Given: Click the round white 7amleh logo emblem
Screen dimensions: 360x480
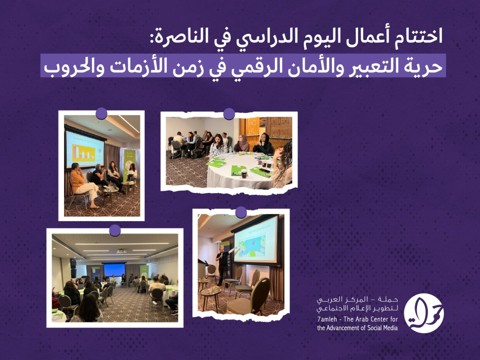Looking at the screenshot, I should pyautogui.click(x=424, y=313).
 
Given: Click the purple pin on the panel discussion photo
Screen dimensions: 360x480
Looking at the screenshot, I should pyautogui.click(x=102, y=113).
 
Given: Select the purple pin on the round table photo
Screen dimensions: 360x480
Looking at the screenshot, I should pyautogui.click(x=229, y=114).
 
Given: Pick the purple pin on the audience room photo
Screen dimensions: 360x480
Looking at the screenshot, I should pyautogui.click(x=115, y=230).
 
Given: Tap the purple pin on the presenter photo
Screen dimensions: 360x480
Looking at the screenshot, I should pyautogui.click(x=241, y=212).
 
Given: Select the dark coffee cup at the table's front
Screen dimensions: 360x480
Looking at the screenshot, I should pyautogui.click(x=244, y=173).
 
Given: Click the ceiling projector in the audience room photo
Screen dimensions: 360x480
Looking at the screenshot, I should pyautogui.click(x=121, y=251).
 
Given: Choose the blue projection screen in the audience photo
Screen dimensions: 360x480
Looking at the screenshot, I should pyautogui.click(x=114, y=269).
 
